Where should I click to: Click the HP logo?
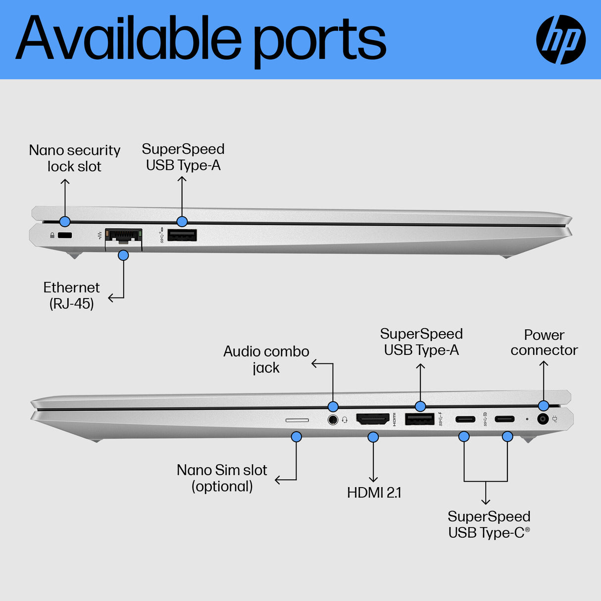561,40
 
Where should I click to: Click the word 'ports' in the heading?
319,40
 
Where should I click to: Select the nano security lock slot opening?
65,235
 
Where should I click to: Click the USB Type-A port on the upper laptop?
182,235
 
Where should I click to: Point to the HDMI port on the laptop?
373,419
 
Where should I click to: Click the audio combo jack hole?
333,420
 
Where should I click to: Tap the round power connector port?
543,419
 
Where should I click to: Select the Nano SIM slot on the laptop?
297,420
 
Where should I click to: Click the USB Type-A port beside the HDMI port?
420,419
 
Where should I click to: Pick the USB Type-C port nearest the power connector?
504,419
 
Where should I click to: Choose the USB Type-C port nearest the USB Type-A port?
465,419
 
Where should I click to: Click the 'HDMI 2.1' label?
374,493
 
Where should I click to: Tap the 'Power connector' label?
544,343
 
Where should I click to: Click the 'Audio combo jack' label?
266,359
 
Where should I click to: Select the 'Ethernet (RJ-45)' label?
72,296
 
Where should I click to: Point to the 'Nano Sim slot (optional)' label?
222,478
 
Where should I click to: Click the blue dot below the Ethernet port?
123,255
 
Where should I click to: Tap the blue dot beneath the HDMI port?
373,437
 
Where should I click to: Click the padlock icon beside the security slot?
52,235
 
